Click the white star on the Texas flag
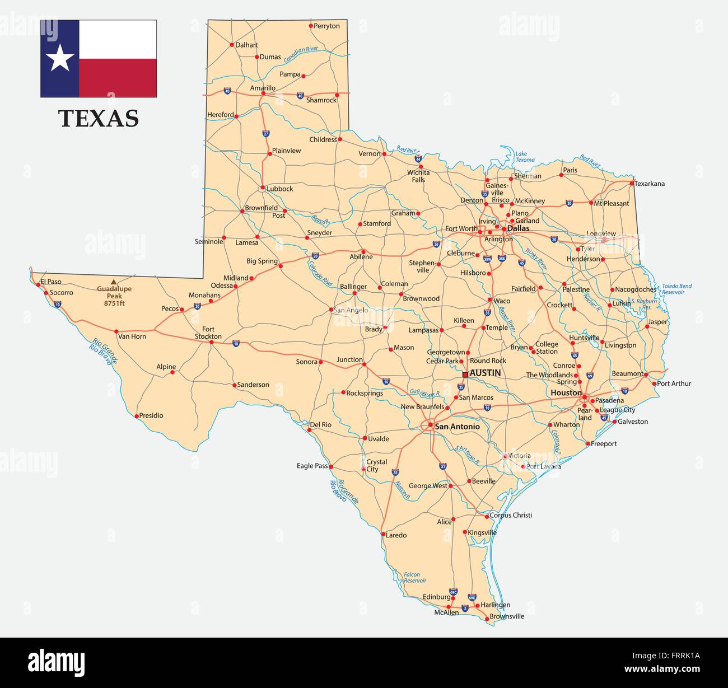(x=59, y=58)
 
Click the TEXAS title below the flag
(x=99, y=119)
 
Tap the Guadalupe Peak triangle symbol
(x=114, y=282)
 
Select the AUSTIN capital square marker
(x=465, y=375)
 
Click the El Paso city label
(x=50, y=282)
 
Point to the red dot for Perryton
(x=311, y=25)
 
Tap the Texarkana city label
(x=650, y=184)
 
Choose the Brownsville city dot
(x=486, y=619)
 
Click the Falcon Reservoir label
(x=415, y=577)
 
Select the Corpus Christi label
(x=511, y=515)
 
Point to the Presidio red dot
(x=137, y=416)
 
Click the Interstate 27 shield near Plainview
(x=266, y=133)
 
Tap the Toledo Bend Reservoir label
(x=676, y=289)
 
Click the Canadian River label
(x=301, y=54)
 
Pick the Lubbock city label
(x=279, y=189)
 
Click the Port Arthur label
(x=674, y=383)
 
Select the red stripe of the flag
(x=118, y=78)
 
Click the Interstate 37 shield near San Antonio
(x=443, y=466)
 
